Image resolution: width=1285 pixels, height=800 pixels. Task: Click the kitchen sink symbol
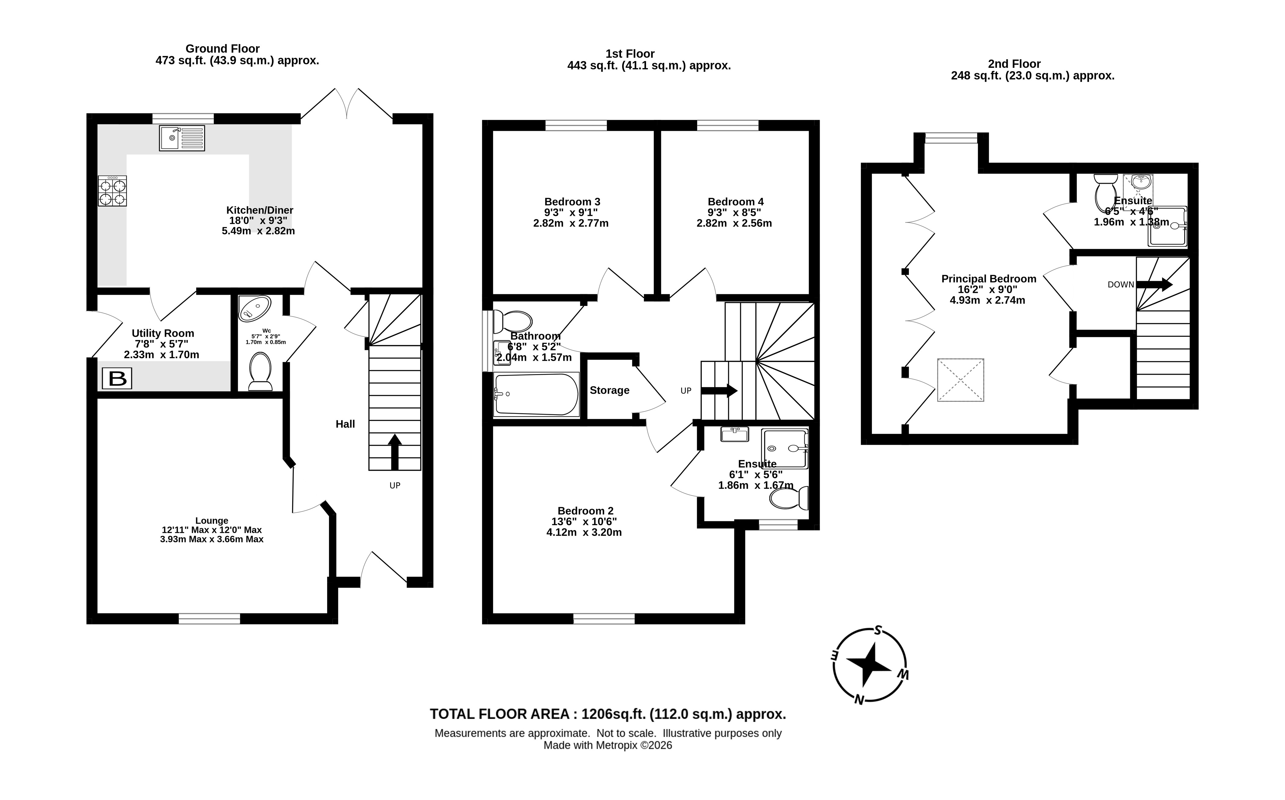coord(182,138)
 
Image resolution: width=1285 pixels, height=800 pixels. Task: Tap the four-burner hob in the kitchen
coord(112,191)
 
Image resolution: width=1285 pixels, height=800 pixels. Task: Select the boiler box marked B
coord(117,379)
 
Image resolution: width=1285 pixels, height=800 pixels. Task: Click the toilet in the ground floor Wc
coord(260,371)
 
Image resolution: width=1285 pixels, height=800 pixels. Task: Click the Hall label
coord(345,424)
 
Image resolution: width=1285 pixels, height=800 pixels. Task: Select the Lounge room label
coord(212,521)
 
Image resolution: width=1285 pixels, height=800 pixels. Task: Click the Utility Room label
coord(163,333)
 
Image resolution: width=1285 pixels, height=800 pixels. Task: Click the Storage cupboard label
coord(609,390)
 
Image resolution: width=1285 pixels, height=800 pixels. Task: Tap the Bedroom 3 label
coord(572,201)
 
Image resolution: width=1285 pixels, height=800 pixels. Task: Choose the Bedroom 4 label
coord(735,201)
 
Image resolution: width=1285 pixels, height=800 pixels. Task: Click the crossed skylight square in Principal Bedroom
coord(960,380)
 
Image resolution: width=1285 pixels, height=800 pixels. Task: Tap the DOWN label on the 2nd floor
coord(1121,285)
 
